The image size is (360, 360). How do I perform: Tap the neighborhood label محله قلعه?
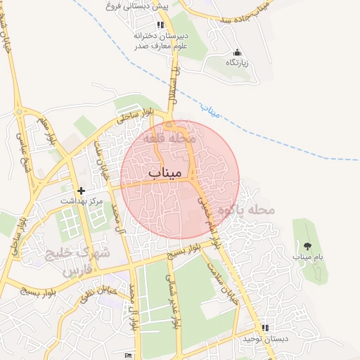click(x=169, y=139)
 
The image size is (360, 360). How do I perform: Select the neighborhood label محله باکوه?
click(x=245, y=209)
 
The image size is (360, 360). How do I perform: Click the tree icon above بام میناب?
click(x=307, y=245)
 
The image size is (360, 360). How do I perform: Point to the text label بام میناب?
click(x=307, y=257)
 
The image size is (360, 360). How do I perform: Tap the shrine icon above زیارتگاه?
click(x=237, y=52)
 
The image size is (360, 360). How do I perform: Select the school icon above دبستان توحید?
click(x=265, y=328)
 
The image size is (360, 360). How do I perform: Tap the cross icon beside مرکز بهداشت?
click(x=82, y=191)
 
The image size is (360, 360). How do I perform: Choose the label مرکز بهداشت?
click(x=82, y=201)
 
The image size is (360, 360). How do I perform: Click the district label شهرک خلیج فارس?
click(x=69, y=261)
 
